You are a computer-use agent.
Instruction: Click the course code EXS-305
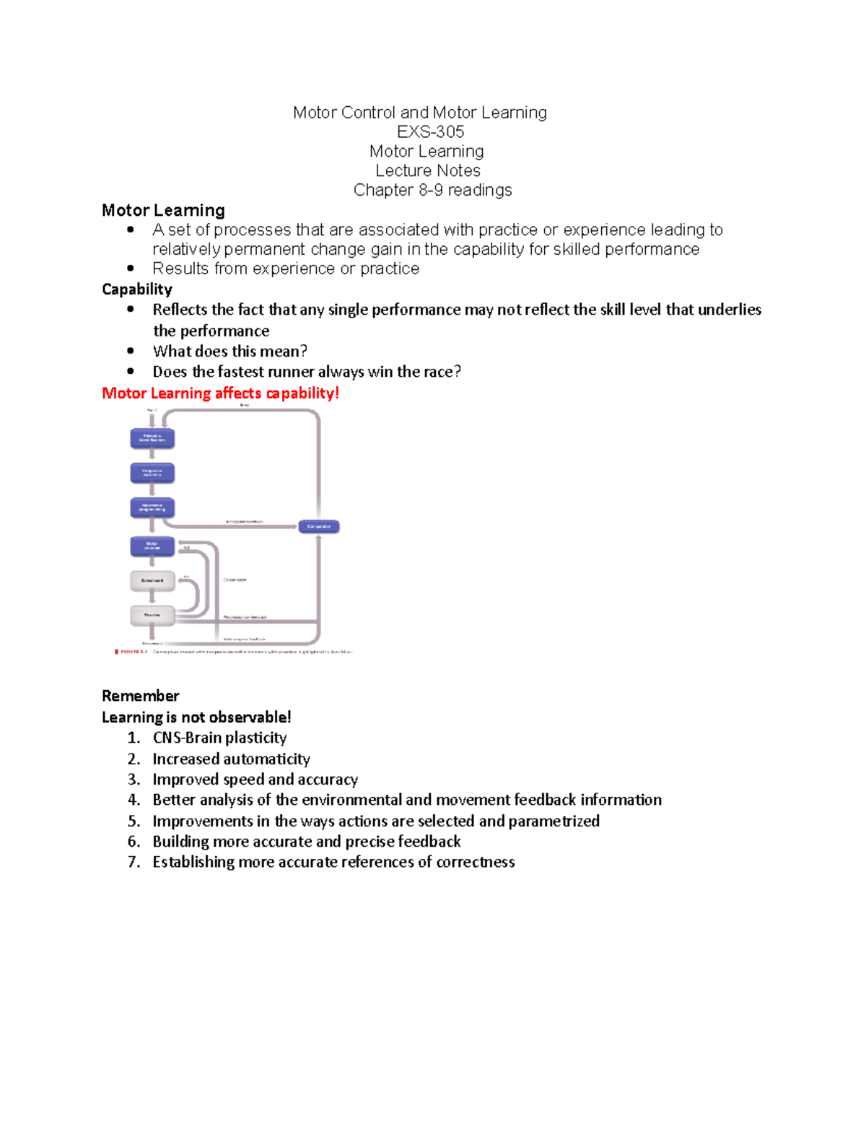pos(430,131)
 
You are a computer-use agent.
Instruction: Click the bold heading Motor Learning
pos(163,210)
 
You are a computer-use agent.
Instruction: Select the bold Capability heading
pos(137,289)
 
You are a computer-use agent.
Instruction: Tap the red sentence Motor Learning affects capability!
pos(220,393)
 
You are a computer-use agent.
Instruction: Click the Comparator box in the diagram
pos(318,526)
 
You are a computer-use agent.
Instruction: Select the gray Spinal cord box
pos(152,580)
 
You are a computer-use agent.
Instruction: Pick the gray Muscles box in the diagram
pos(152,615)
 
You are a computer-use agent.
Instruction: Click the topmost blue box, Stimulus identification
pos(152,438)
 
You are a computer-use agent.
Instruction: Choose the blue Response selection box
pos(152,473)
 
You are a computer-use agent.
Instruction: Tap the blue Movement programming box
pos(152,507)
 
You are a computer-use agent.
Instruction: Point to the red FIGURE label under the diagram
pos(133,652)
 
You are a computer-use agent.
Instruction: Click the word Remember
pos(140,695)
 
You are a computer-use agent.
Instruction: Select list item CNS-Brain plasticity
pos(219,737)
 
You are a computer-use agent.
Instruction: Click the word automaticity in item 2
pos(267,759)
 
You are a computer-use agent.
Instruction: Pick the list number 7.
pos(134,862)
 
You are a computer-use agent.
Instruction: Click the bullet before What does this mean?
pos(131,351)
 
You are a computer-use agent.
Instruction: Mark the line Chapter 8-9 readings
pos(432,190)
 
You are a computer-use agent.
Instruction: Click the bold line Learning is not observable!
pos(196,717)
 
